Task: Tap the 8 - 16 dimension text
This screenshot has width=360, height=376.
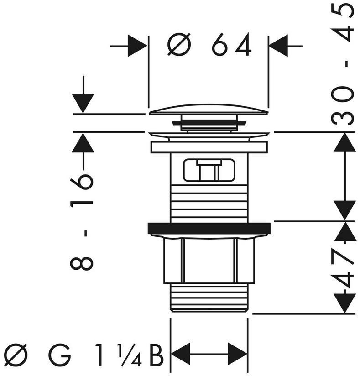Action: (81, 222)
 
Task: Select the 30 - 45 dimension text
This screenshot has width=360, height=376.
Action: (343, 64)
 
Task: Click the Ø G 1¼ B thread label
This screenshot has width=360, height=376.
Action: (84, 355)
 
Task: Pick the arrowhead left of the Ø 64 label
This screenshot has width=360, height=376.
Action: (137, 46)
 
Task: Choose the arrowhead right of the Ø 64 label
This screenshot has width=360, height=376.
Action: (278, 46)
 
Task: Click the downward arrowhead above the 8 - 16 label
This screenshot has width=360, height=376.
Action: (83, 103)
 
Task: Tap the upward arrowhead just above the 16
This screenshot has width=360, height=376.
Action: (83, 142)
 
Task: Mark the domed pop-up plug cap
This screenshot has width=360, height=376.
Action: (209, 110)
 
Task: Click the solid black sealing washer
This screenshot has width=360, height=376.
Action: (209, 228)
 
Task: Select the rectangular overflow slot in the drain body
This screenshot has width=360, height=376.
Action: (209, 170)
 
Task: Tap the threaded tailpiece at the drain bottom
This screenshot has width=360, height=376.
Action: (209, 298)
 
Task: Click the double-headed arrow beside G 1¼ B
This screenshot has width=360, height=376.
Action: (209, 354)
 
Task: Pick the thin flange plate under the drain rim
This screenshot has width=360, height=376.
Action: (209, 147)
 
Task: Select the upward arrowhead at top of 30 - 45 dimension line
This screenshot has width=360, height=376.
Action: (344, 142)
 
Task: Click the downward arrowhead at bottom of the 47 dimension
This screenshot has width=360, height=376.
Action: (344, 303)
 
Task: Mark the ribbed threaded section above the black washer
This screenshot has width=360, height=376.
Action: (209, 204)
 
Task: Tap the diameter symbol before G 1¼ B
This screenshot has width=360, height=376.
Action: (16, 355)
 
